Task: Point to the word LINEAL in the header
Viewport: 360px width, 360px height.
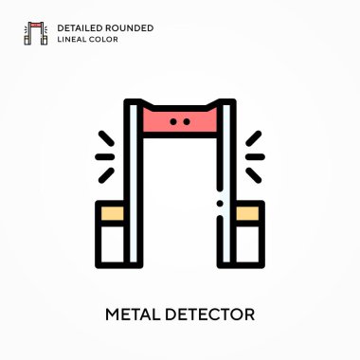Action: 72,40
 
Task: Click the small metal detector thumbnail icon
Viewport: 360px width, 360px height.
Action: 36,34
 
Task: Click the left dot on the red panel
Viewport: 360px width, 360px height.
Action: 173,122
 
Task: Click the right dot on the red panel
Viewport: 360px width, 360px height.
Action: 187,122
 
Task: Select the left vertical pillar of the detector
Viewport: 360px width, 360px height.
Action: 134,189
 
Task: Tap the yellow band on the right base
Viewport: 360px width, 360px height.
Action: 250,214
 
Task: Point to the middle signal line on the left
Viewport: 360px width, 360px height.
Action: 104,156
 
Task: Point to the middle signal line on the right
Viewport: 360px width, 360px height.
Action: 256,156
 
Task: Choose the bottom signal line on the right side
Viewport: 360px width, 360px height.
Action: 253,173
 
